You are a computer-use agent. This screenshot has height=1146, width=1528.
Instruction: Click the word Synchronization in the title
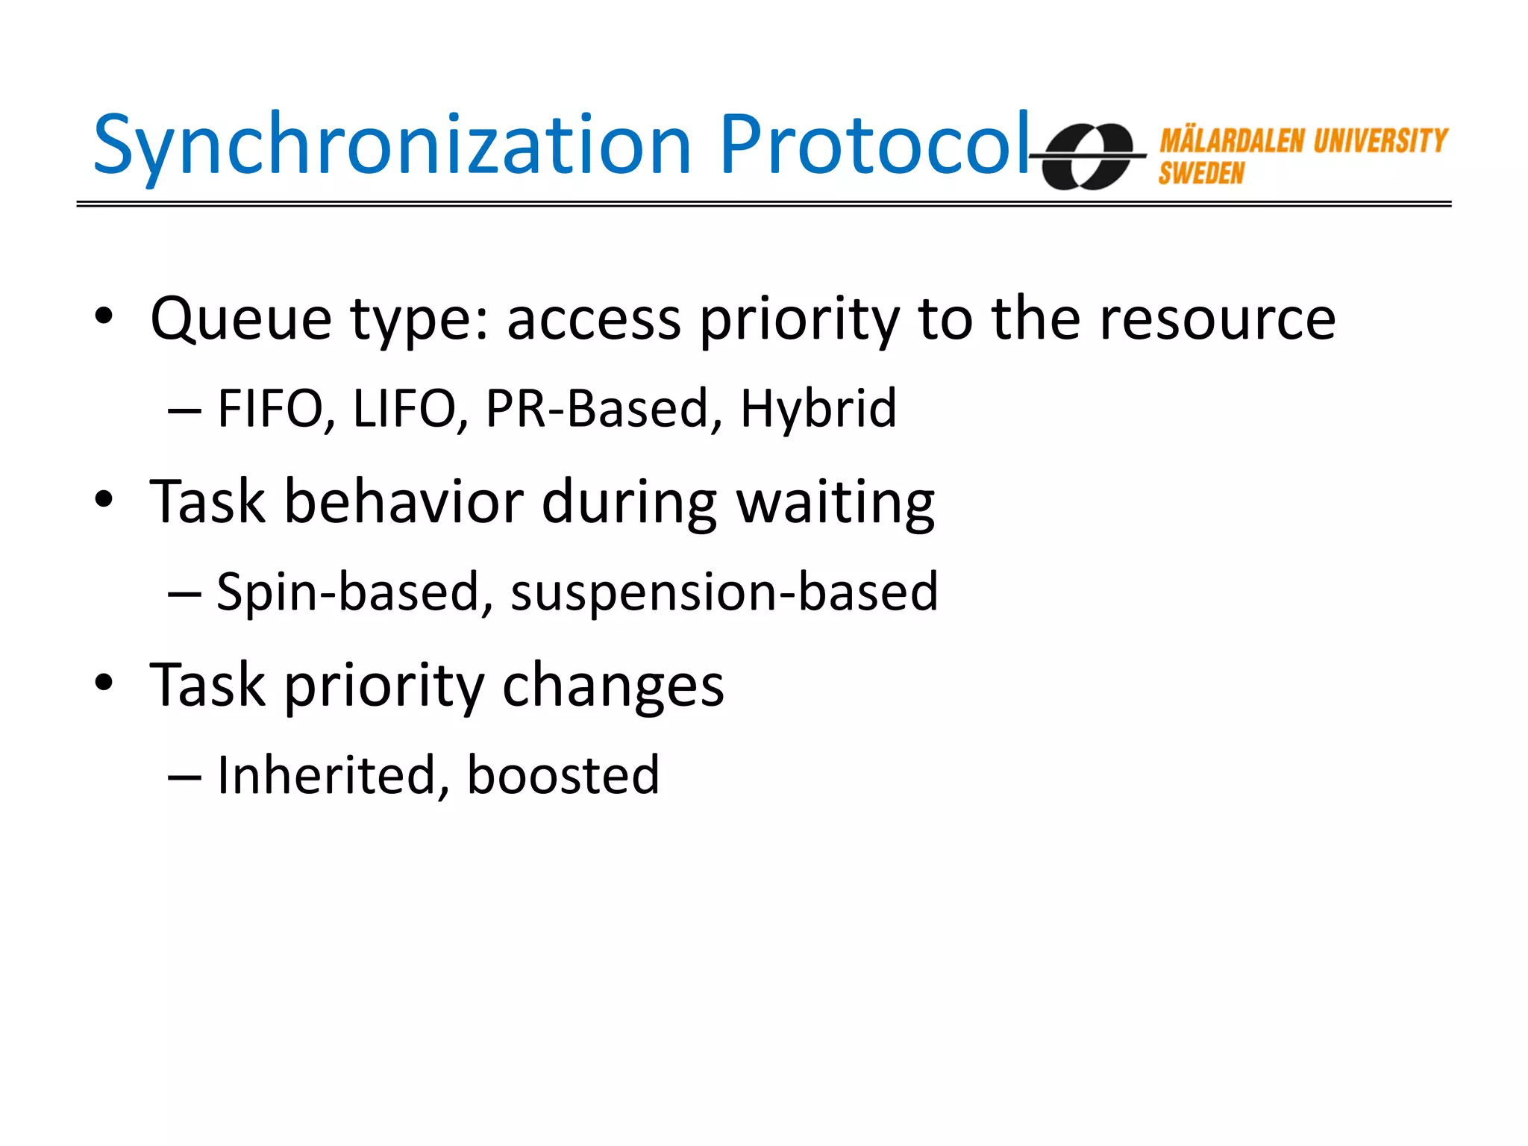(x=392, y=145)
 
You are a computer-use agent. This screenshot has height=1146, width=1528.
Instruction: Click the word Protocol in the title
(x=874, y=145)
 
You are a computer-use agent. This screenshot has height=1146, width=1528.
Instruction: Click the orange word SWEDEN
(x=1201, y=174)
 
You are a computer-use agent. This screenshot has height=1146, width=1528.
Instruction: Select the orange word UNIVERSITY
(x=1380, y=141)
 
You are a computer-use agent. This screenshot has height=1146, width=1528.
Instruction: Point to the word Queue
(x=240, y=319)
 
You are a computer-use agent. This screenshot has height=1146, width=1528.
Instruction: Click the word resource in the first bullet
(x=1218, y=319)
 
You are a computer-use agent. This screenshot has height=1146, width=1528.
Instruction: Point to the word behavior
(x=404, y=501)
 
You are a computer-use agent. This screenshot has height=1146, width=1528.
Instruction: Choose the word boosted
(x=563, y=775)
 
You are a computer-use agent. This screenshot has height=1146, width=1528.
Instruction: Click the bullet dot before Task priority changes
(x=104, y=683)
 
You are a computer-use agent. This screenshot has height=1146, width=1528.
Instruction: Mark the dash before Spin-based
(x=184, y=594)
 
